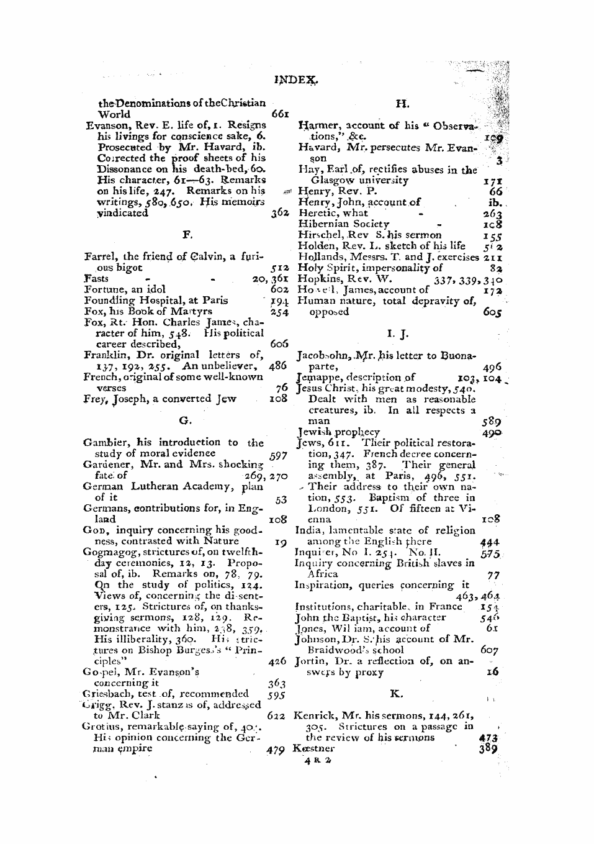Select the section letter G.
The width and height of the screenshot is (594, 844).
[185, 420]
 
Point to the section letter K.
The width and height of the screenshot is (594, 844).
[395, 693]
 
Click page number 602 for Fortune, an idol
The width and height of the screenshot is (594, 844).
[279, 289]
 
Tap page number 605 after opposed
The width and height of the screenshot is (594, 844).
[492, 312]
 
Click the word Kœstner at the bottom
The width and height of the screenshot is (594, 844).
[313, 748]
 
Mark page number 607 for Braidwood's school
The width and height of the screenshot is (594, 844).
[489, 650]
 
